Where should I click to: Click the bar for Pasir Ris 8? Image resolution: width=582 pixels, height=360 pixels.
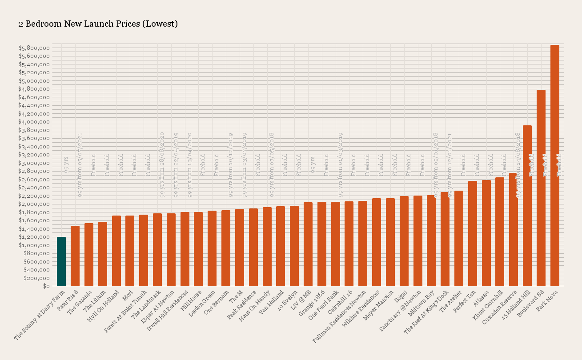pyautogui.click(x=75, y=256)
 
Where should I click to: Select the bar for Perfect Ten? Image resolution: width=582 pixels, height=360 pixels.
pyautogui.click(x=472, y=233)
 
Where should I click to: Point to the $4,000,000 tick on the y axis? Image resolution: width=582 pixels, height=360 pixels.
pyautogui.click(x=34, y=122)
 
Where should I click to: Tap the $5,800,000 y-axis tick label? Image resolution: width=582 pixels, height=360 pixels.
pyautogui.click(x=34, y=48)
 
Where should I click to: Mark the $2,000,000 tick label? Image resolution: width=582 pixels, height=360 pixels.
pyautogui.click(x=34, y=204)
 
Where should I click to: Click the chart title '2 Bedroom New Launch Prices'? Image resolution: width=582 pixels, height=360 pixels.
pyautogui.click(x=98, y=24)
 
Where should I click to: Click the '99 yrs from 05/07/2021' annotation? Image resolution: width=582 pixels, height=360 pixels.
pyautogui.click(x=80, y=164)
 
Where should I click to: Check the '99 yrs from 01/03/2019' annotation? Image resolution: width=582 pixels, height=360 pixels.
pyautogui.click(x=341, y=164)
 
